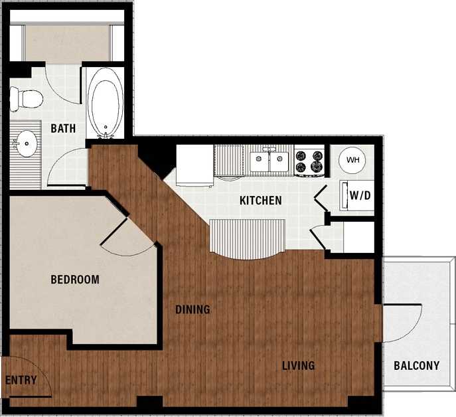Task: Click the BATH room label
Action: (63, 128)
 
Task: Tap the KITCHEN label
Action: (261, 200)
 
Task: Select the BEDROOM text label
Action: (75, 280)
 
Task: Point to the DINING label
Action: (192, 309)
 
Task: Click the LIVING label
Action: (298, 365)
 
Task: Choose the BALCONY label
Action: (416, 365)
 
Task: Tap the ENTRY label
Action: (20, 380)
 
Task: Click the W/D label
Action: (360, 196)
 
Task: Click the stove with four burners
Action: (309, 161)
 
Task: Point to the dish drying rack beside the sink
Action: (230, 161)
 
